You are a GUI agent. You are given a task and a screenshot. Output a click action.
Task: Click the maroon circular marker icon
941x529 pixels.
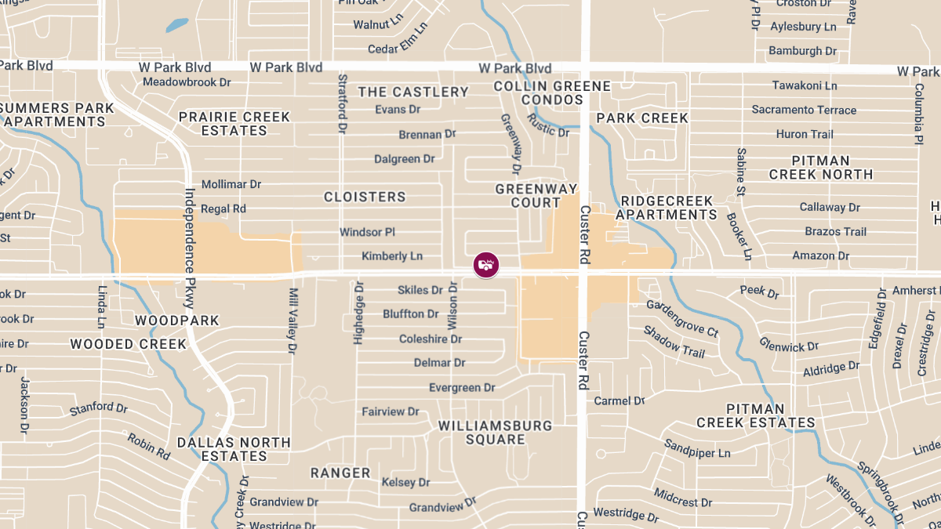point(486,264)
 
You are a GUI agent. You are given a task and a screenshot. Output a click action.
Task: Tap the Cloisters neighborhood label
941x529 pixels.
point(365,197)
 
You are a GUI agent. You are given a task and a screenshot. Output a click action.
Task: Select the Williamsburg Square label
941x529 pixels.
point(495,433)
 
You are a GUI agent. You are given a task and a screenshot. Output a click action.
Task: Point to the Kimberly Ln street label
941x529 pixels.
point(392,256)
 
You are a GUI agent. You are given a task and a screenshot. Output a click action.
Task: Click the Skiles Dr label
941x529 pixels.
point(420,290)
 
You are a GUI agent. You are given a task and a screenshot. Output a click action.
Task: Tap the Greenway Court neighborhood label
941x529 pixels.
point(536,196)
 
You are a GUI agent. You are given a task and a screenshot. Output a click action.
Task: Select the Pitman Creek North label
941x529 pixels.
point(820,168)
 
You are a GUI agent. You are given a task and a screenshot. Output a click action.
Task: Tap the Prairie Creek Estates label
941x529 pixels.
point(234,124)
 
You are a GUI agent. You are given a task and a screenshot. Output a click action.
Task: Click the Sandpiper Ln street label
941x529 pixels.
point(697,453)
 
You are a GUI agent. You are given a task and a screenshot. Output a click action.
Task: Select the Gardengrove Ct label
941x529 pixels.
point(682,319)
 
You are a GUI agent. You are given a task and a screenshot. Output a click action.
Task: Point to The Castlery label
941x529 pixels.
point(413,92)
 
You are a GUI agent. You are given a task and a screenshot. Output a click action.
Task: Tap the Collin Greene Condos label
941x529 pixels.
point(552,92)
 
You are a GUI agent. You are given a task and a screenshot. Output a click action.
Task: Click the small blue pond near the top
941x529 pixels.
point(176,25)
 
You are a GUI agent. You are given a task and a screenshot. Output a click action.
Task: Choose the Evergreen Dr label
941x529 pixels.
point(462,388)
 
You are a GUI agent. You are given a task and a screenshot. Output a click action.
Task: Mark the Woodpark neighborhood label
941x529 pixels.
point(177,321)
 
